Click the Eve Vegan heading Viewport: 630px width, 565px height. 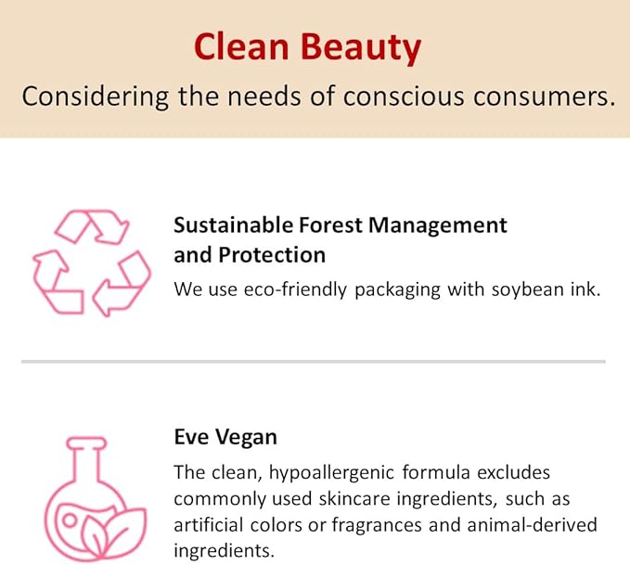coord(225,437)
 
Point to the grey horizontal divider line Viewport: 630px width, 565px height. coord(313,361)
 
